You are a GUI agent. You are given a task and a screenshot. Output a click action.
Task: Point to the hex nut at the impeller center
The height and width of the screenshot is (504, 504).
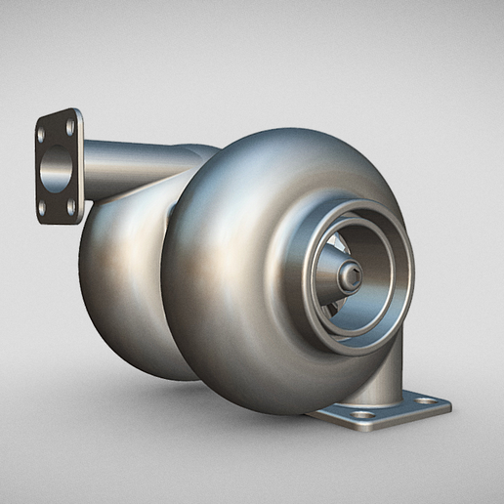(x=350, y=277)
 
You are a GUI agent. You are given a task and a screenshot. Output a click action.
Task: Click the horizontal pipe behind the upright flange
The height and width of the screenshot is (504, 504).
(x=137, y=166)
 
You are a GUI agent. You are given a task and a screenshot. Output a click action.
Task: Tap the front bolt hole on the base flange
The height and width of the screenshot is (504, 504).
(x=364, y=414)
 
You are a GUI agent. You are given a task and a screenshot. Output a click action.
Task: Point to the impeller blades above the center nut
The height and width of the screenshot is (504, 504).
(x=332, y=252)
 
